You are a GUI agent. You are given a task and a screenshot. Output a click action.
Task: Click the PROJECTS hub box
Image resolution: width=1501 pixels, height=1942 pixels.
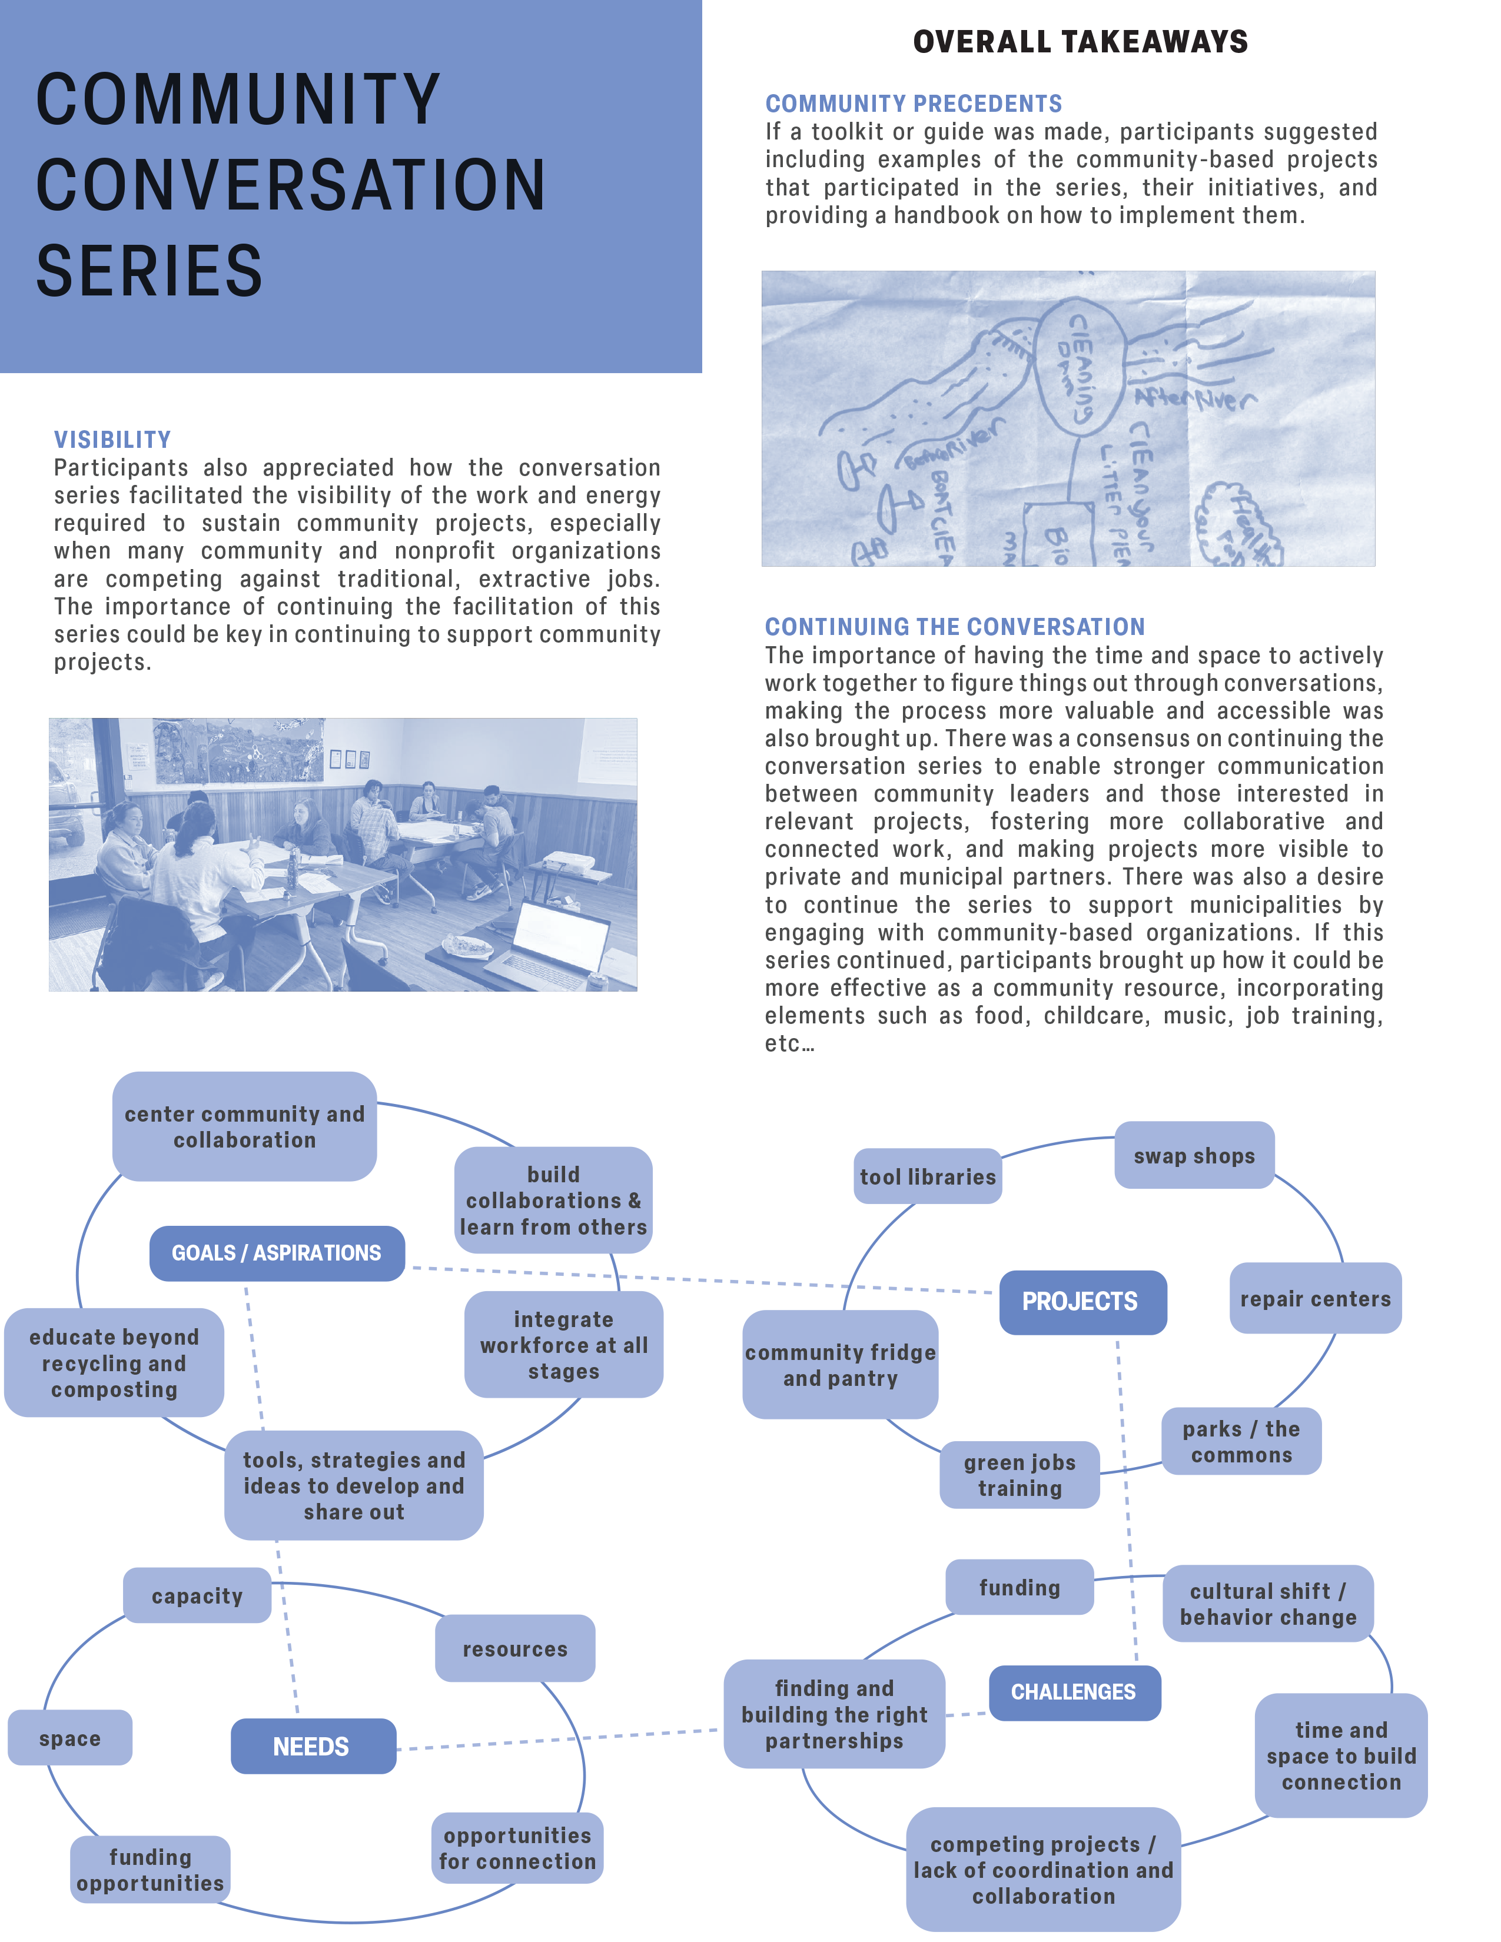click(x=1082, y=1302)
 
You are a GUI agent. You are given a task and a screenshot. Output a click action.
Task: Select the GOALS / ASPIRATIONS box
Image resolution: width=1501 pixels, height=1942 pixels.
click(x=277, y=1253)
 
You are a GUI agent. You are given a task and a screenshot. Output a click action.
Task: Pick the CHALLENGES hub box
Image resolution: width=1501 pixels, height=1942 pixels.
click(x=1074, y=1691)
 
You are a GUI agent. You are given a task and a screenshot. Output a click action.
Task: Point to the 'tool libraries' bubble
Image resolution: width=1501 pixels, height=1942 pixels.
click(x=928, y=1176)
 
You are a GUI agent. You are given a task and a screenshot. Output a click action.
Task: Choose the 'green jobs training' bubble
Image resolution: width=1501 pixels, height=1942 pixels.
click(x=1019, y=1475)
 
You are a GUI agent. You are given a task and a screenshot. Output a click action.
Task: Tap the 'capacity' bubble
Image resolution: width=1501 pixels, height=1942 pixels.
click(x=197, y=1595)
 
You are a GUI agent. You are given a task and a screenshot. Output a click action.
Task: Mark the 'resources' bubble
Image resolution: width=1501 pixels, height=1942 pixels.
click(x=515, y=1648)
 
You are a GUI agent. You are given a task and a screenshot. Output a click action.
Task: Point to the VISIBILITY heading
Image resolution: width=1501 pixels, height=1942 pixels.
click(x=112, y=439)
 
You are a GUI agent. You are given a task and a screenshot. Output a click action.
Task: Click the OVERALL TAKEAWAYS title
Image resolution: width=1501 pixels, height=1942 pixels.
click(x=1080, y=42)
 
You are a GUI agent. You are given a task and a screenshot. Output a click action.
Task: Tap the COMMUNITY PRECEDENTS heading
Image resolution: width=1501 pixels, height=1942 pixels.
click(x=913, y=104)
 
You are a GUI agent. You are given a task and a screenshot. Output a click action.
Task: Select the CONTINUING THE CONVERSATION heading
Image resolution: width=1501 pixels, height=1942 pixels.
click(x=954, y=627)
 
